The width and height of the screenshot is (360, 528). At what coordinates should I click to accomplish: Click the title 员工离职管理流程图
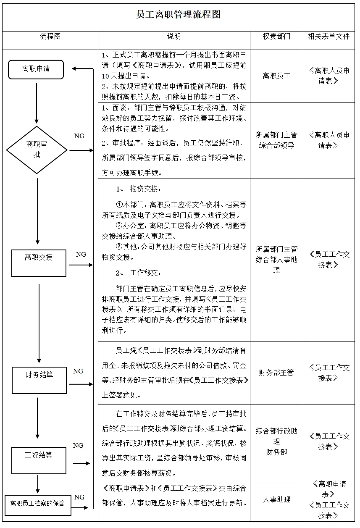[x=179, y=15]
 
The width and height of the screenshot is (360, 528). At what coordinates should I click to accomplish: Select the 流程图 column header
[x=50, y=37]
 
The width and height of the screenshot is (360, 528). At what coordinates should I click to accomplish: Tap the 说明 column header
[x=174, y=37]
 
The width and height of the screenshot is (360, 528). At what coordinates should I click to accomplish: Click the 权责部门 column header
[x=276, y=37]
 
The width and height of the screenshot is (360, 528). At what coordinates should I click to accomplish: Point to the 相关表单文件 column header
[x=328, y=37]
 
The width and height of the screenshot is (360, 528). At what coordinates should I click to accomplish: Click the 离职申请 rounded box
[x=36, y=69]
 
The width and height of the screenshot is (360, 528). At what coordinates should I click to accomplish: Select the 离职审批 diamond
[x=37, y=150]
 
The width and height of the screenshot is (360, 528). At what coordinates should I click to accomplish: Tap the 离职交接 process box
[x=39, y=263]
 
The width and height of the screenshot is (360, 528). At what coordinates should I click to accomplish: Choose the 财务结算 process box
[x=39, y=380]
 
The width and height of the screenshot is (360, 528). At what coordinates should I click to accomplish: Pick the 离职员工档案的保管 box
[x=37, y=502]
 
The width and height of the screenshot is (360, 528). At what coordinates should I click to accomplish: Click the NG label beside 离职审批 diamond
[x=79, y=136]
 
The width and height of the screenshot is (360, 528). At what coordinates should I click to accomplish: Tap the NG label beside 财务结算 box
[x=78, y=371]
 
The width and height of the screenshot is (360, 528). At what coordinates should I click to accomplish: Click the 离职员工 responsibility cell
[x=276, y=76]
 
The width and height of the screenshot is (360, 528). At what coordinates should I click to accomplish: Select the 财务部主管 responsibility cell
[x=276, y=373]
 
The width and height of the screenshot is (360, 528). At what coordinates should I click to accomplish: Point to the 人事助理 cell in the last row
[x=276, y=500]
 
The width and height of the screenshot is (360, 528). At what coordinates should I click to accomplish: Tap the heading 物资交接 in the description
[x=145, y=189]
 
